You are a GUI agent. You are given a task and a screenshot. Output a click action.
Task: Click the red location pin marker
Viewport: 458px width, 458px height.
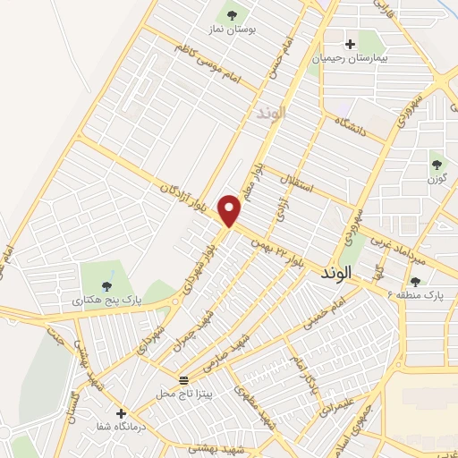231,209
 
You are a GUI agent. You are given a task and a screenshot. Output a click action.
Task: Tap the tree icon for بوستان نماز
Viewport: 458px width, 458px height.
233,15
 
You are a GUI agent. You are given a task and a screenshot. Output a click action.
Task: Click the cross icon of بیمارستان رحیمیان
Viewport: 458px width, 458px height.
350,43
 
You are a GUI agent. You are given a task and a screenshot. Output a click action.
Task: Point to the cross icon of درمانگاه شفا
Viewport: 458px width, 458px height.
122,413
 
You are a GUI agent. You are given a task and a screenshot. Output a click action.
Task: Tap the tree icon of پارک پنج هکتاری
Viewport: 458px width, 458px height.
107,286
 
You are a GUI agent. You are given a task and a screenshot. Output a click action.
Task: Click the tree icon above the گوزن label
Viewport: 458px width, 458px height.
437,164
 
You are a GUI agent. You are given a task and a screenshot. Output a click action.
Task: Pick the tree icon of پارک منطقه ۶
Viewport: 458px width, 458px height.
415,281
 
